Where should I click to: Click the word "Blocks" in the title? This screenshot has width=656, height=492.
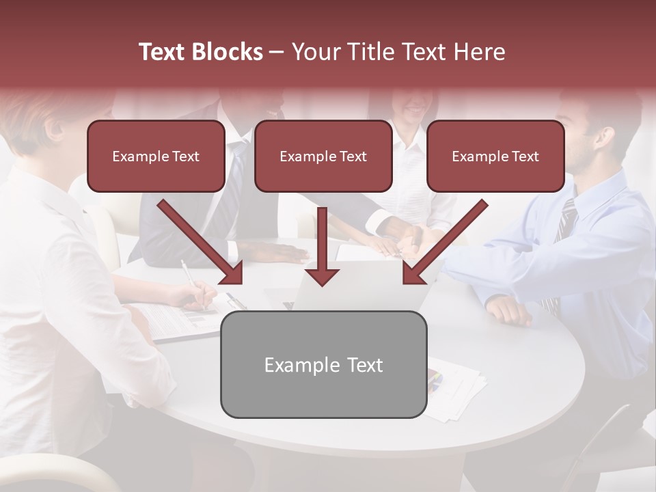point(229,52)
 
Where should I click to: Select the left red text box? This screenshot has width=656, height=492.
point(156,156)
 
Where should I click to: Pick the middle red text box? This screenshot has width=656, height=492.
point(323,156)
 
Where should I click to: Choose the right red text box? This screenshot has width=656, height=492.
point(495,156)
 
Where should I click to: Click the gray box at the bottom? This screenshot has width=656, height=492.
point(323,364)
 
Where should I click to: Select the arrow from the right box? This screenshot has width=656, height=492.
point(444,242)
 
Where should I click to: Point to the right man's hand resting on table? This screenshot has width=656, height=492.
point(508,311)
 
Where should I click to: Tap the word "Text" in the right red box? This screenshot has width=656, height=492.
point(525,156)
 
